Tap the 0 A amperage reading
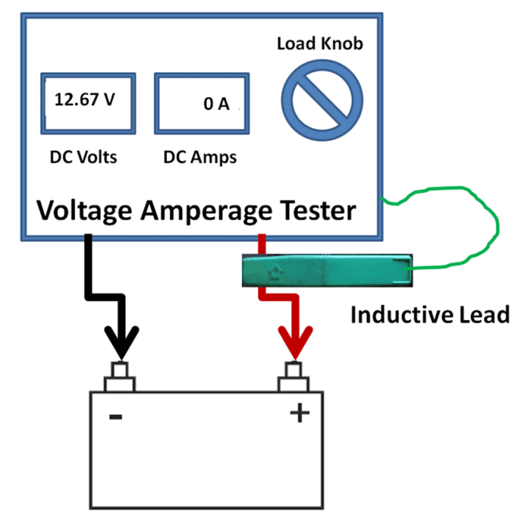pyautogui.click(x=216, y=104)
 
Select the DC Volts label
pyautogui.click(x=83, y=157)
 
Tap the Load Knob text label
pyautogui.click(x=320, y=43)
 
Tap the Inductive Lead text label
pyautogui.click(x=430, y=315)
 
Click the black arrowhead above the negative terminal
pyautogui.click(x=119, y=344)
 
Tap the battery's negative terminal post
pyautogui.click(x=119, y=375)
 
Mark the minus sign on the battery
pyautogui.click(x=116, y=416)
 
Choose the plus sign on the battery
pyautogui.click(x=299, y=414)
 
